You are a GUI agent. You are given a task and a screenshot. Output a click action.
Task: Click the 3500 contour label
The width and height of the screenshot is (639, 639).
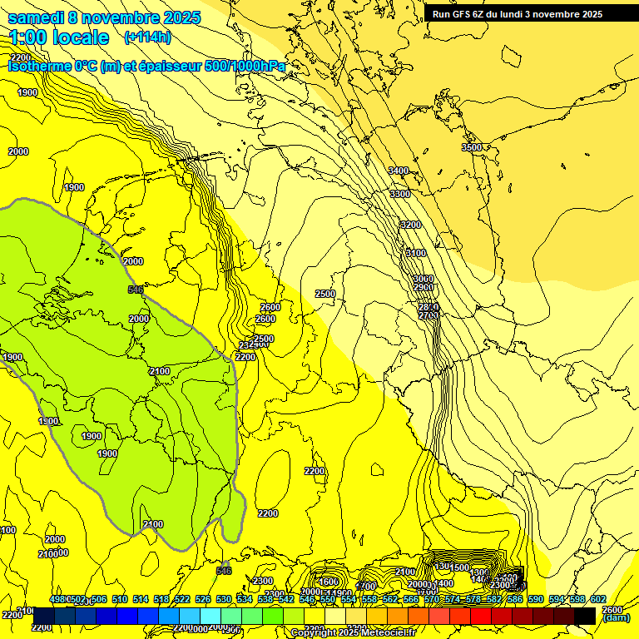pyautogui.click(x=472, y=147)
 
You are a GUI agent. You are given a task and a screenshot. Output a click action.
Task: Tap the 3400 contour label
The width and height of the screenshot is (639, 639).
pyautogui.click(x=399, y=171)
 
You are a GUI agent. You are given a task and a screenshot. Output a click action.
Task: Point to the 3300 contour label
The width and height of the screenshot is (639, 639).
pyautogui.click(x=399, y=194)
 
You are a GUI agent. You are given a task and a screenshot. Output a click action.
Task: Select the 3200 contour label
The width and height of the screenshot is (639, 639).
pyautogui.click(x=410, y=225)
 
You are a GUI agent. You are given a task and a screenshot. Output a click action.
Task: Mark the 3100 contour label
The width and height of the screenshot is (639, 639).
pyautogui.click(x=415, y=253)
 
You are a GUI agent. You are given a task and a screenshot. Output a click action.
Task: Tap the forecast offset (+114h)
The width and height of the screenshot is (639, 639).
pyautogui.click(x=147, y=37)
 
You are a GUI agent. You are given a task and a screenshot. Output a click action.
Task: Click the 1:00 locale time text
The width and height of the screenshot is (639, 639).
pyautogui.click(x=58, y=37)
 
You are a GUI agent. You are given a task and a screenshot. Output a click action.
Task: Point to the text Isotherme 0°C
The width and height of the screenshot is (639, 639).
pyautogui.click(x=52, y=66)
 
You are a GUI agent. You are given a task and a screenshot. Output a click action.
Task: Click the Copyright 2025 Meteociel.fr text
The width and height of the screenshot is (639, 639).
pyautogui.click(x=354, y=633)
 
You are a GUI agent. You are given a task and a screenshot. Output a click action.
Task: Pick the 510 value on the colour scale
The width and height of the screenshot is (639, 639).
pyautogui.click(x=120, y=599)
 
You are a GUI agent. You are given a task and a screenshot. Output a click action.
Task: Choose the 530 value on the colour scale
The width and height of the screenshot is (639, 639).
pyautogui.click(x=224, y=599)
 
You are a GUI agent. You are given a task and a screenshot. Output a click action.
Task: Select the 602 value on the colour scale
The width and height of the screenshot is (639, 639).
pyautogui.click(x=597, y=599)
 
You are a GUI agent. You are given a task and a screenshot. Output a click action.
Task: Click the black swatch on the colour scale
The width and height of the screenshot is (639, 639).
pyautogui.click(x=585, y=616)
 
